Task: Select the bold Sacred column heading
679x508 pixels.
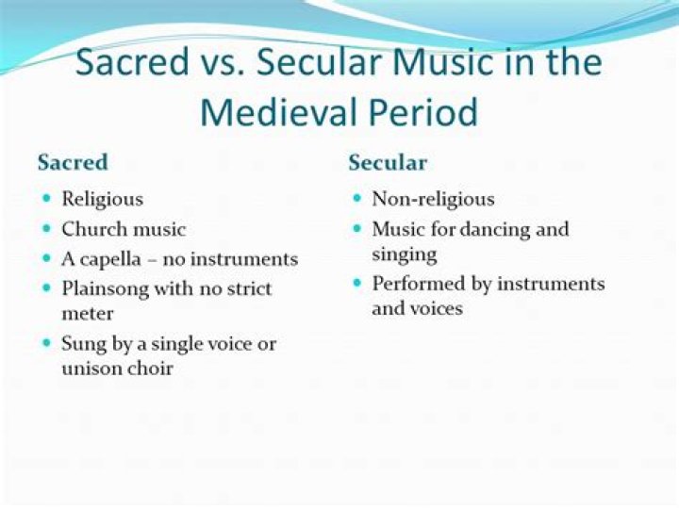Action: tap(73, 162)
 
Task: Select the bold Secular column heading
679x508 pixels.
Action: tap(388, 162)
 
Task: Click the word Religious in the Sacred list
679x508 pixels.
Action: tap(102, 199)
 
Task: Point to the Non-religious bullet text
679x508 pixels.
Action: tap(433, 199)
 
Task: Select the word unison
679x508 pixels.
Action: tap(91, 368)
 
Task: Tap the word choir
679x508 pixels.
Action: tap(149, 368)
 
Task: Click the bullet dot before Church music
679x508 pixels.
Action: tap(46, 229)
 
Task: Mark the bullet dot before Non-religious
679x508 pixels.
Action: tap(357, 200)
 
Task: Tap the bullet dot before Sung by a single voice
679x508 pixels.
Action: tap(46, 344)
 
